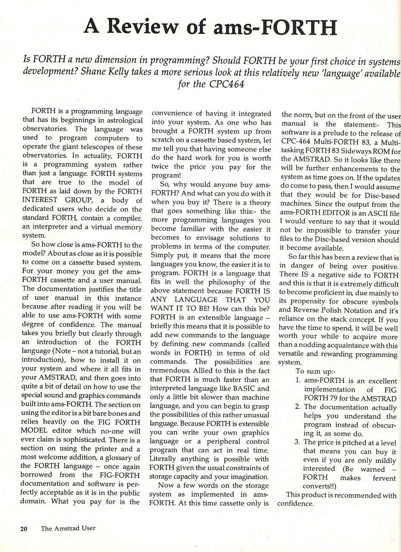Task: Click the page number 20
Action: click(x=24, y=529)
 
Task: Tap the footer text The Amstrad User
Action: click(x=68, y=529)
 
